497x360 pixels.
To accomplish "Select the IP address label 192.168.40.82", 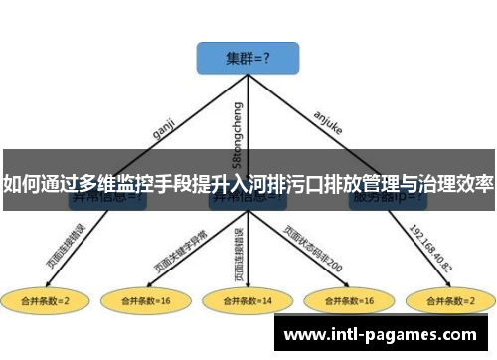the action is click(430, 241).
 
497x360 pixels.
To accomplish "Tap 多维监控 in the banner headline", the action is click(99, 184).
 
